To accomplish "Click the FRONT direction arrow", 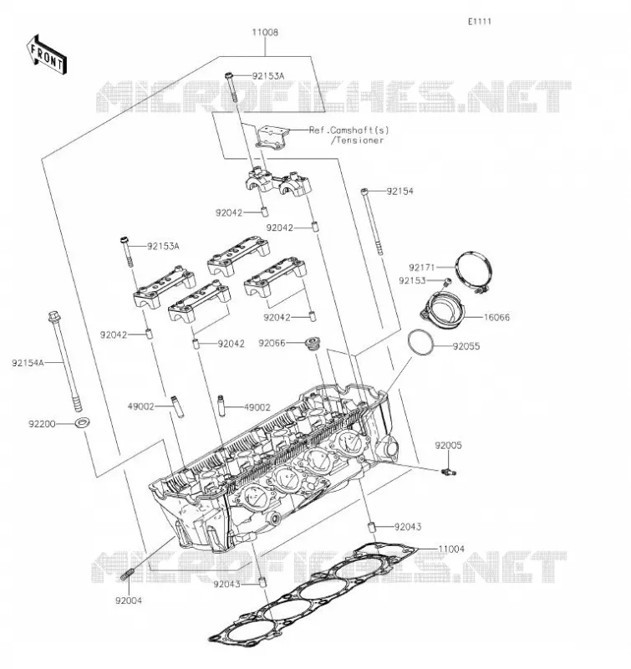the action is tap(46, 54).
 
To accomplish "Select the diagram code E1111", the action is tap(480, 22).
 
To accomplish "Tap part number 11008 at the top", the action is tap(265, 33).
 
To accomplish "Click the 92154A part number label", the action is tap(28, 363).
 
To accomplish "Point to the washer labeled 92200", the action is tap(82, 423).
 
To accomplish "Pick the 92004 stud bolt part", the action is tap(128, 575).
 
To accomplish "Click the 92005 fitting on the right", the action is tap(449, 472).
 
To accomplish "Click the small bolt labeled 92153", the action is tap(446, 282).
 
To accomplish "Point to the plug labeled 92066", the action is tap(313, 344).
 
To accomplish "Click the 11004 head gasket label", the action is tap(451, 549).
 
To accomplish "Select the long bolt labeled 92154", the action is tap(372, 222).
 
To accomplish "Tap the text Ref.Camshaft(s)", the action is tap(349, 130).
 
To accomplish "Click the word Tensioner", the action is tap(360, 140).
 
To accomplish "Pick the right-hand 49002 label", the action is tap(257, 407).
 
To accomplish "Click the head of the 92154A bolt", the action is tap(53, 317).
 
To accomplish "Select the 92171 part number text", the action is tap(422, 268).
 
